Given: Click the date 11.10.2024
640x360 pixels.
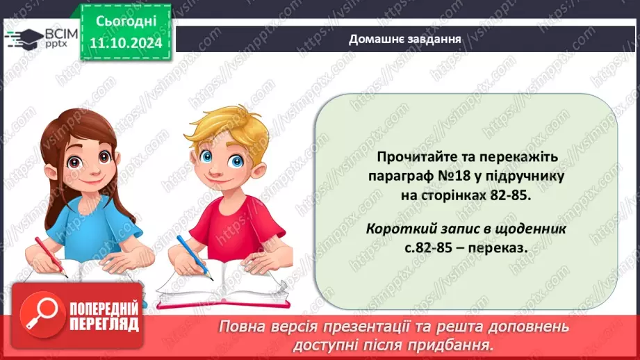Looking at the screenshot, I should pos(124,43).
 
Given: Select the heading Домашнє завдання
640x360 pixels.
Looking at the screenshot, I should pos(405,39).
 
